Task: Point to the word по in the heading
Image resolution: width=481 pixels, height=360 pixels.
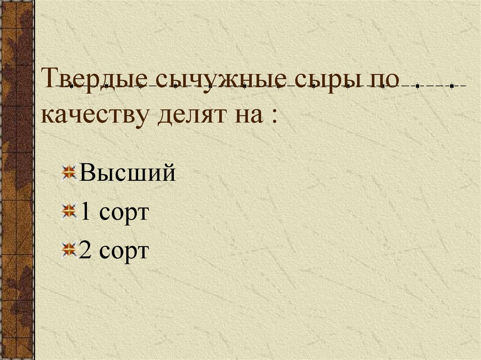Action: (385, 80)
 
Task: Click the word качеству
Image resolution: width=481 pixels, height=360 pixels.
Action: (96, 115)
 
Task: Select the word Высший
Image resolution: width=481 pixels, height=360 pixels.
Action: (128, 174)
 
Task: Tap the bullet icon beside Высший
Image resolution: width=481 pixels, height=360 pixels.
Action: (70, 173)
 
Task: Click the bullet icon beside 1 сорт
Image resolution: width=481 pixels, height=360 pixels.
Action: (70, 211)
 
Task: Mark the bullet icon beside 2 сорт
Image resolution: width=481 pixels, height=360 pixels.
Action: (70, 250)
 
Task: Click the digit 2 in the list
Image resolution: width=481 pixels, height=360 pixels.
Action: (85, 251)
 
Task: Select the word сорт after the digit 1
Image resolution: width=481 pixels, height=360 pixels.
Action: (123, 214)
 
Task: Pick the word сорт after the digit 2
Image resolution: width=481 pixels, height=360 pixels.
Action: (123, 253)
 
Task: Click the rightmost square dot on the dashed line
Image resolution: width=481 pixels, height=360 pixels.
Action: (451, 87)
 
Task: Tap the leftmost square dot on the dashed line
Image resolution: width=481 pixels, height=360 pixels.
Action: (70, 87)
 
